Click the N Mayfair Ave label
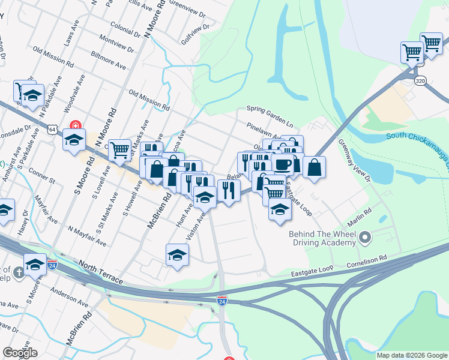click(87, 236)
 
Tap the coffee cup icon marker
click(283, 163)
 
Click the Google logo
click(19, 352)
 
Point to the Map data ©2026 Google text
click(411, 355)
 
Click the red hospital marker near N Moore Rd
click(76, 127)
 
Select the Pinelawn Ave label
click(264, 132)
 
